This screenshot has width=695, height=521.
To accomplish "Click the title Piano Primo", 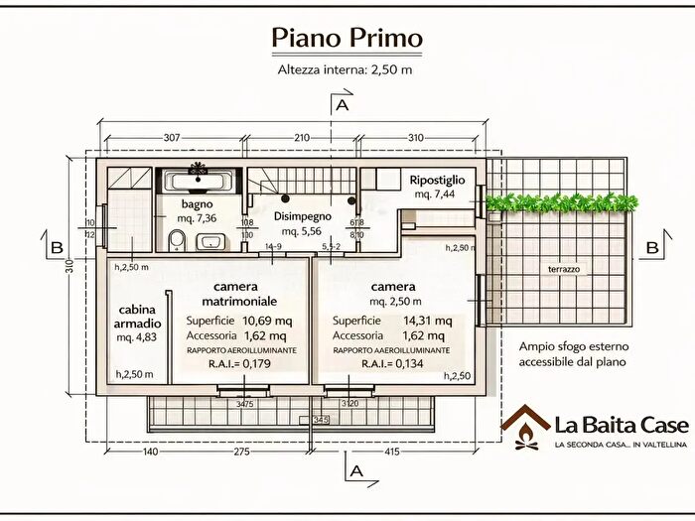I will (x=347, y=38).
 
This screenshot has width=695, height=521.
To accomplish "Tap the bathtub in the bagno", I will (x=199, y=181).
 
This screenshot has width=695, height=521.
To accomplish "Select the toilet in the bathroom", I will (x=177, y=238).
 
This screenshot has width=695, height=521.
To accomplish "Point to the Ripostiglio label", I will (x=439, y=180).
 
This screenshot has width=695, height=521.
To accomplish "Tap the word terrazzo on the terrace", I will (x=564, y=269).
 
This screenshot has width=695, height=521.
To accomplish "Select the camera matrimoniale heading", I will (x=237, y=293).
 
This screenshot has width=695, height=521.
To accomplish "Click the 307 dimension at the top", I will (x=171, y=137).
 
